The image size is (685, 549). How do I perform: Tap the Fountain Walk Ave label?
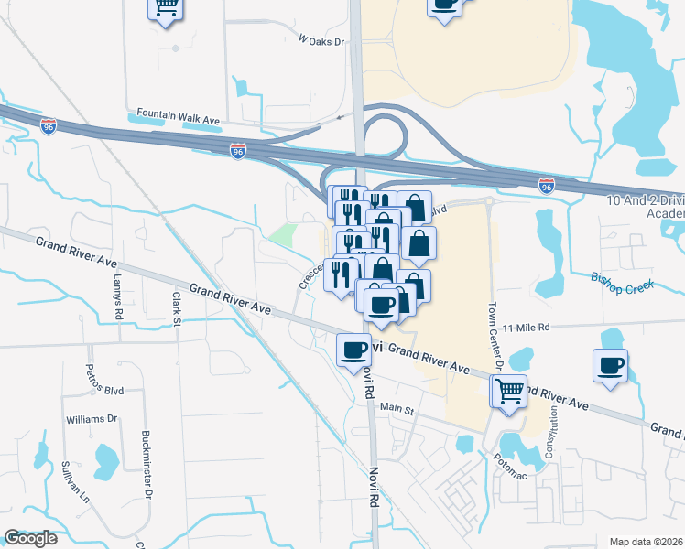pos(179,117)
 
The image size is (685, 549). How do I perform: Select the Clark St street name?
pos(177,307)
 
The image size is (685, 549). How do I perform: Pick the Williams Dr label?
pos(92,419)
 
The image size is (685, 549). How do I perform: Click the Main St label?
pos(397,408)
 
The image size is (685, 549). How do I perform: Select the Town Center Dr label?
pos(496,336)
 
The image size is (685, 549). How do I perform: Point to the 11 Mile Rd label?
pos(525,327)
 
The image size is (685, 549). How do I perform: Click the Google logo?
pos(30,538)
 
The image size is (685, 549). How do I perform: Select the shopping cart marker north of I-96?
pos(166,8)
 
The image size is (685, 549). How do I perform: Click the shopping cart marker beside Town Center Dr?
pos(509,392)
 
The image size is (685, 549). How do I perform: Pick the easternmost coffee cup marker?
pos(611,366)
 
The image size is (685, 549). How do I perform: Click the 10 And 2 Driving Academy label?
pos(646,206)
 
